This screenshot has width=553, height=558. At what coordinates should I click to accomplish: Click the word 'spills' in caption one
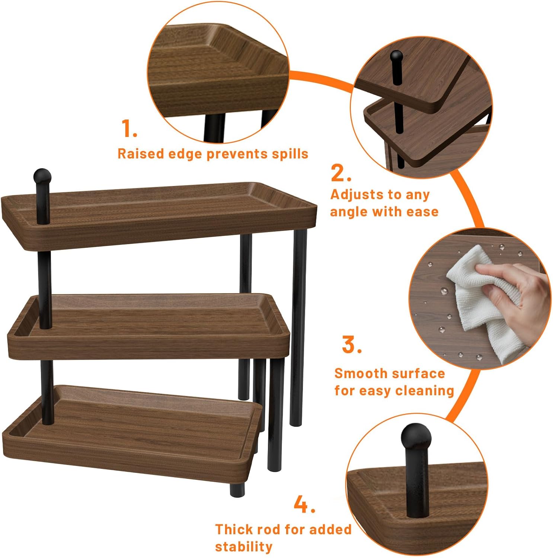click(290, 154)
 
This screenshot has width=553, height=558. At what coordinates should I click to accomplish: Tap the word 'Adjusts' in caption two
click(355, 195)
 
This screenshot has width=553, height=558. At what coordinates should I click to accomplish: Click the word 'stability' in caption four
click(244, 546)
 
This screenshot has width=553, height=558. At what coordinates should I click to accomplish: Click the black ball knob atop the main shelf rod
click(42, 176)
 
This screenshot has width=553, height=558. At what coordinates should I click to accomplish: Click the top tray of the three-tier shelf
click(159, 215)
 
